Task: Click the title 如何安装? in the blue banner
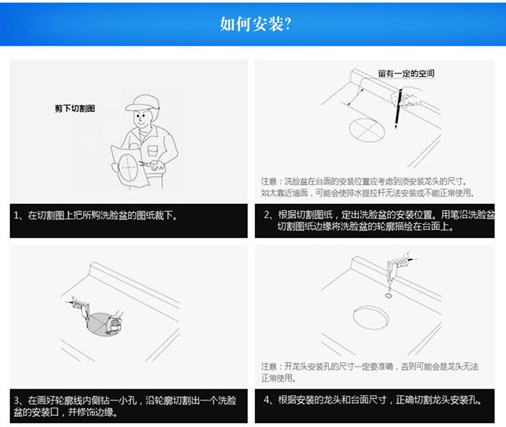pyautogui.click(x=255, y=24)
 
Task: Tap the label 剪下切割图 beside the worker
pyautogui.click(x=75, y=109)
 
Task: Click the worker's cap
pyautogui.click(x=142, y=103)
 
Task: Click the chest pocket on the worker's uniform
pyautogui.click(x=152, y=151)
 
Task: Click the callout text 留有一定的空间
pyautogui.click(x=406, y=74)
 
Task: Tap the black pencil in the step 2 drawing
pyautogui.click(x=398, y=109)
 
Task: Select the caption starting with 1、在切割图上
pyautogui.click(x=96, y=216)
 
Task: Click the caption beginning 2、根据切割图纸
pyautogui.click(x=379, y=220)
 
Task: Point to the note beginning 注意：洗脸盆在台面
pyautogui.click(x=368, y=187)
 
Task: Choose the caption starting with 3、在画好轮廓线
pyautogui.click(x=125, y=406)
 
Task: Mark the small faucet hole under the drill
pyautogui.click(x=389, y=295)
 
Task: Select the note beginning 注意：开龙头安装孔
pyautogui.click(x=370, y=372)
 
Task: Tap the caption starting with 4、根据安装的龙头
pyautogui.click(x=373, y=400)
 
